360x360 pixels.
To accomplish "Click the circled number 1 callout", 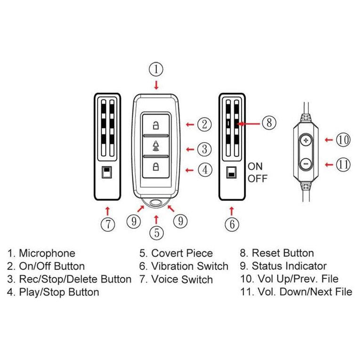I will point(156,70).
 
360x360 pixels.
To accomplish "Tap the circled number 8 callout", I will point(268,123).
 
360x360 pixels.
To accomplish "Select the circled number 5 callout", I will point(156,232).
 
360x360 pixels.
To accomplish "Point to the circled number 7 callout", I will point(107,224).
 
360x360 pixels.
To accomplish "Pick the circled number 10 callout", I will point(343,139).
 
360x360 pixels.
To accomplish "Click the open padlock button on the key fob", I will point(155,125).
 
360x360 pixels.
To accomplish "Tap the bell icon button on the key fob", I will point(155,146).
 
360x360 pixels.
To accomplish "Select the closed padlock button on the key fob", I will point(155,166).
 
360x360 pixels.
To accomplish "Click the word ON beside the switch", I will point(255,166).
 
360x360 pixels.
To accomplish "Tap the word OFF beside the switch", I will point(257,179).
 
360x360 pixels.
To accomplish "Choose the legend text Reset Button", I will point(277,254).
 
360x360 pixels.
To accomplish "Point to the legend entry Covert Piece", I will point(176,254).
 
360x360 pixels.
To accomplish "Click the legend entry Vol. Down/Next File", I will point(296,292).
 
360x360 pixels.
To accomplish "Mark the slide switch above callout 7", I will point(107,172).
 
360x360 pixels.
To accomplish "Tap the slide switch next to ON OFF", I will point(231,172).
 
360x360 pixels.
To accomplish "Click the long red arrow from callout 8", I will point(248,123).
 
